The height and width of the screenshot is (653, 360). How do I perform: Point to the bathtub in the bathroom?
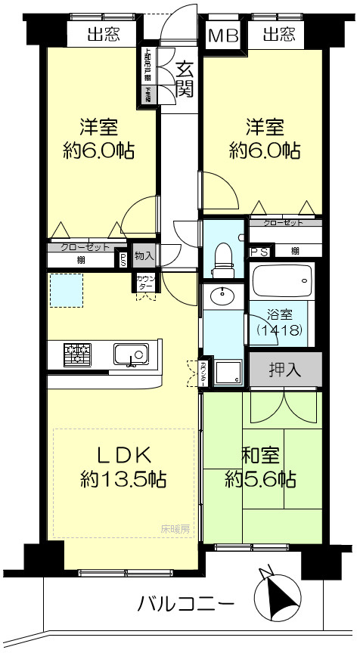pos(282,283)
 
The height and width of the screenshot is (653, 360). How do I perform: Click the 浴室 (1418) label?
pos(280,321)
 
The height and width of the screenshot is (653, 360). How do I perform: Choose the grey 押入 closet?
pos(285,370)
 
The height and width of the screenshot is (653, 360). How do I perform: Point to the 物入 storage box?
pos(144,256)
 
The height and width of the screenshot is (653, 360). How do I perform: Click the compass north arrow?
pos(277,596)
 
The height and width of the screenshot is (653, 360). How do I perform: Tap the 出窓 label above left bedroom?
pos(103,34)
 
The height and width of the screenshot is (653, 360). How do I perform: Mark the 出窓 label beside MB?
pos(279,34)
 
